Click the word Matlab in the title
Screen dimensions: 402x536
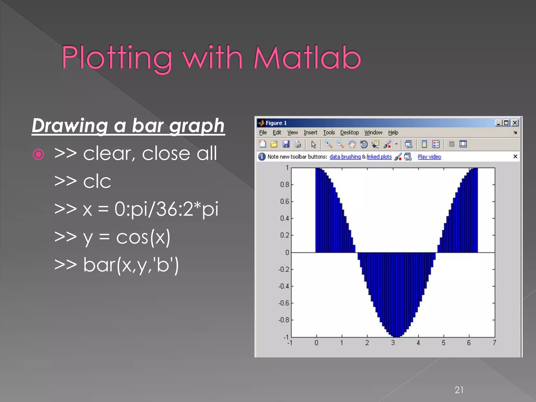(x=307, y=58)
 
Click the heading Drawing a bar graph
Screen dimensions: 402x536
(x=128, y=126)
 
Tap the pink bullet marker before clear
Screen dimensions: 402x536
(x=38, y=154)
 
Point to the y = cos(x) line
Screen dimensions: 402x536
(x=113, y=237)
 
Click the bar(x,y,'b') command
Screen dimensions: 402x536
(x=117, y=265)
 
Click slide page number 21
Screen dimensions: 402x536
(x=459, y=390)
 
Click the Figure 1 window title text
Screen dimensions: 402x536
(x=276, y=123)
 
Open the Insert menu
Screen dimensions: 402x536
(x=310, y=133)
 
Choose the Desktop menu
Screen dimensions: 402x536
(x=349, y=133)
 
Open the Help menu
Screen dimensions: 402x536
(x=393, y=133)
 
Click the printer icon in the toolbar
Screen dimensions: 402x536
(x=298, y=144)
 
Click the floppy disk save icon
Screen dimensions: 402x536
(x=286, y=144)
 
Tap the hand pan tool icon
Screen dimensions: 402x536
(x=352, y=144)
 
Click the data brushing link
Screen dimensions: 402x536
(x=345, y=157)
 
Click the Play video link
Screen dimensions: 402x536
(x=429, y=157)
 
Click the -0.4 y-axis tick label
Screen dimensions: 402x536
(x=284, y=286)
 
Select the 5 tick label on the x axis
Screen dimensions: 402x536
(x=444, y=343)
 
